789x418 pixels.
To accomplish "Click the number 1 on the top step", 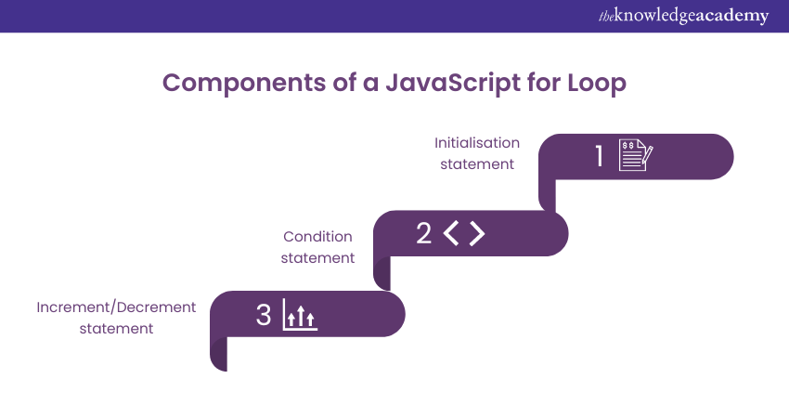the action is [600, 156].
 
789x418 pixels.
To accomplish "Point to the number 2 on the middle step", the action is [424, 233].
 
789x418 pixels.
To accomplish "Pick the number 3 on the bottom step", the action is [264, 315].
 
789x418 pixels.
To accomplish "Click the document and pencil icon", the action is [636, 156].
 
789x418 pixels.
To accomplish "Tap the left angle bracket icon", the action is [451, 233].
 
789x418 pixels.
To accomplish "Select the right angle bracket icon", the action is [477, 233].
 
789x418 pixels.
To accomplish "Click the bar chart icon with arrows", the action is [298, 316].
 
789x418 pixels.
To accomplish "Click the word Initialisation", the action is [477, 143].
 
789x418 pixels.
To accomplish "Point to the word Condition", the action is [317, 237].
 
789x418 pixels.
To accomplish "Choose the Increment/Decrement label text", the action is [116, 307].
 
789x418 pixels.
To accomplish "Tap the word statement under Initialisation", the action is [477, 164].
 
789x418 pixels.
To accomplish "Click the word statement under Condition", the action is [317, 258].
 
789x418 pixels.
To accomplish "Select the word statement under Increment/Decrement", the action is [116, 328].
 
